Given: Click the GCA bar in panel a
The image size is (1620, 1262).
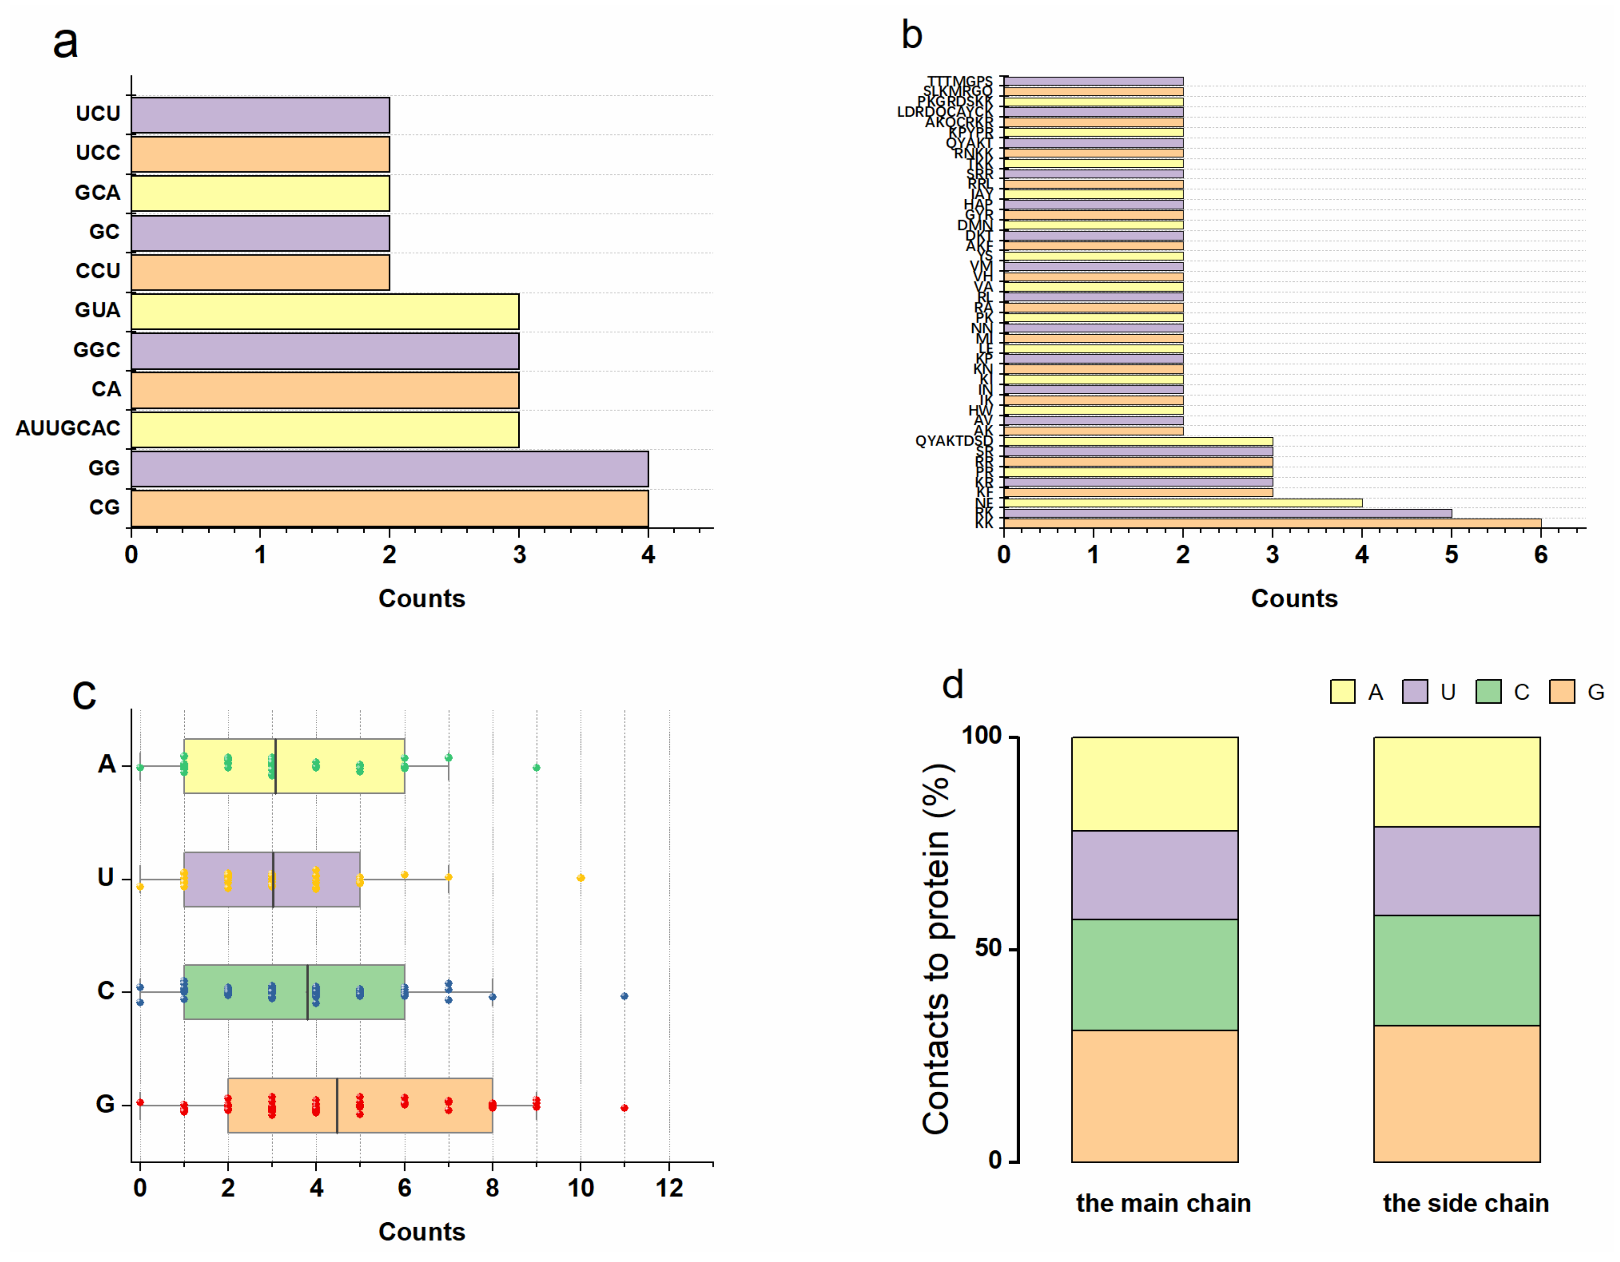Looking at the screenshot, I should [x=260, y=193].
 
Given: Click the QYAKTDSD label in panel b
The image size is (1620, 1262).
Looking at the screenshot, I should [x=953, y=441].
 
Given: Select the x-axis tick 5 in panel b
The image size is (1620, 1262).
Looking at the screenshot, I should [x=1451, y=555].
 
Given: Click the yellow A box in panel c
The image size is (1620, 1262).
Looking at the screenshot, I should [x=294, y=766].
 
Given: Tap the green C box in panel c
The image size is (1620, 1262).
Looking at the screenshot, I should [x=294, y=992].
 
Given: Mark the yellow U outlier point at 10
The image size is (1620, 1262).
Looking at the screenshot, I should [x=581, y=878].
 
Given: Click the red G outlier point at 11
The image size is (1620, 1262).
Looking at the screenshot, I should [x=625, y=1108].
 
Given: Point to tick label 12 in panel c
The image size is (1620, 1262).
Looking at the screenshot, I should [x=669, y=1188].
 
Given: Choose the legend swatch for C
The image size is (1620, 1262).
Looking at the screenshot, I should [x=1488, y=692].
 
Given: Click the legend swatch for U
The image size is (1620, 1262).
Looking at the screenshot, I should [x=1415, y=692].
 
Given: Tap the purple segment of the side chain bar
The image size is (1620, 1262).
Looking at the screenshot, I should [x=1456, y=871].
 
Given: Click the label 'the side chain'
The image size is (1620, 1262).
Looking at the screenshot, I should [x=1466, y=1202].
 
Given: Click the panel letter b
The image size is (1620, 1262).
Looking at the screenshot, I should [x=911, y=35].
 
